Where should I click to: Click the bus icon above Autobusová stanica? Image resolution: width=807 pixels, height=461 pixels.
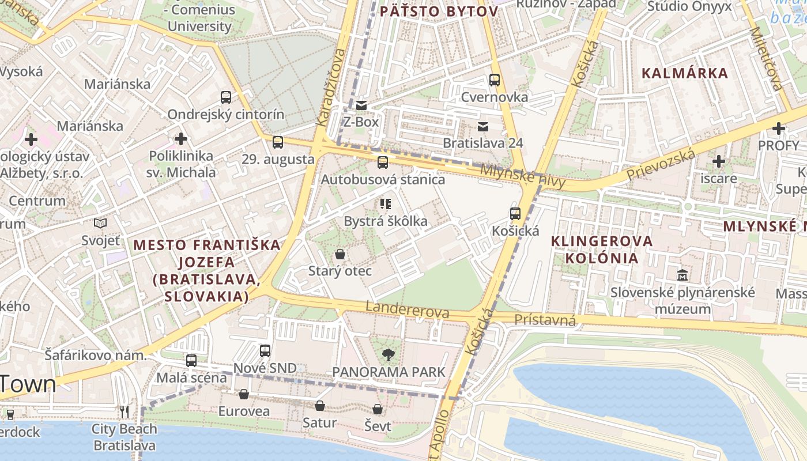click(382, 163)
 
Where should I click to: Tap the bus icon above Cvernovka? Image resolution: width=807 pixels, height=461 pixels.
click(494, 80)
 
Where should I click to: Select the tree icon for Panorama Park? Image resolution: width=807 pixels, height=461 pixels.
click(389, 355)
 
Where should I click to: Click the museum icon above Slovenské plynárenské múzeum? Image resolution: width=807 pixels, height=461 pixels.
click(683, 275)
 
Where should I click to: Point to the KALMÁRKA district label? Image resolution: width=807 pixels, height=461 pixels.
click(685, 73)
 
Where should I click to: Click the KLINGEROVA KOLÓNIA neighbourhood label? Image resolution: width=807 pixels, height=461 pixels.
click(602, 249)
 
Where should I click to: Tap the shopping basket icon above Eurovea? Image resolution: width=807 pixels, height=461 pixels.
click(244, 395)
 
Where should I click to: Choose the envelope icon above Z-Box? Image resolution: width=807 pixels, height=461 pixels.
click(361, 105)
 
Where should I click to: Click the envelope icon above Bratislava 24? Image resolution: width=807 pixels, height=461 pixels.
click(482, 126)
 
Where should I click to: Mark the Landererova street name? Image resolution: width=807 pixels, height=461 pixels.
click(407, 309)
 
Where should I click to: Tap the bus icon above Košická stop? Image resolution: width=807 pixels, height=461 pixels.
click(515, 214)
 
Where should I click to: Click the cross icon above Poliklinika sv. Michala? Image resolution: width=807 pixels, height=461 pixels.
click(181, 139)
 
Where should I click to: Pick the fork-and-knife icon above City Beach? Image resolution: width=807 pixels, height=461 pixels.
click(125, 412)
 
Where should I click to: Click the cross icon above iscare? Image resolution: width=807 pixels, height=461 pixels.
click(718, 161)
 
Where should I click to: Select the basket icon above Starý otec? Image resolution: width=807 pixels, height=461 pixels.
click(340, 254)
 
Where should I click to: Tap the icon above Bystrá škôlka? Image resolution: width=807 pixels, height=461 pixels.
click(386, 204)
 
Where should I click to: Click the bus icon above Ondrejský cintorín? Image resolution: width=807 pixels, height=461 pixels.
click(226, 97)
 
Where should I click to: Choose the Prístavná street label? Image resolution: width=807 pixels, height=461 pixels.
click(545, 320)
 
